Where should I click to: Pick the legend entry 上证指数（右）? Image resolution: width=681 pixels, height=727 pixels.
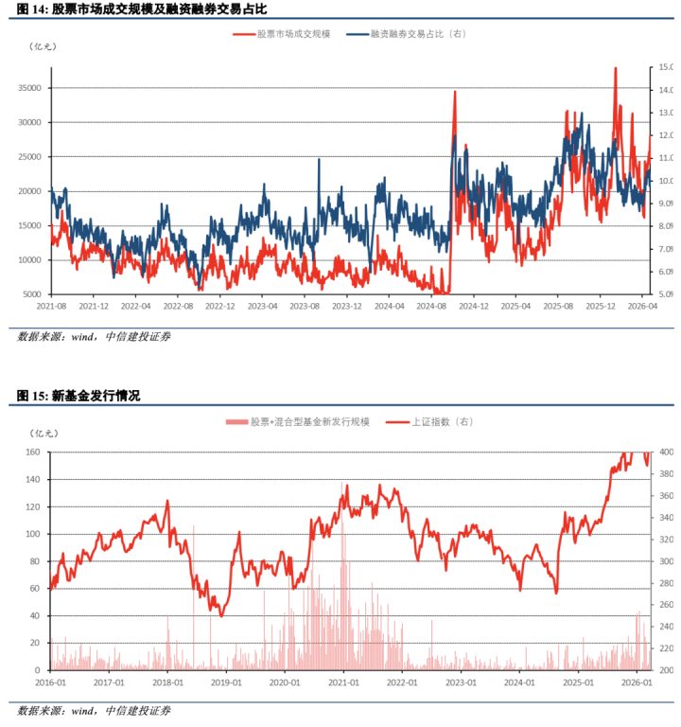(x=441, y=423)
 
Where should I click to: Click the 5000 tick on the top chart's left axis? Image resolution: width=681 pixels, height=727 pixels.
(x=35, y=294)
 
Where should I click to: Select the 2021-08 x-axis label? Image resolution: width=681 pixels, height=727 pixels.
(x=51, y=306)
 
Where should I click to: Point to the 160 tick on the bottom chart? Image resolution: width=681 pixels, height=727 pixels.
(x=37, y=452)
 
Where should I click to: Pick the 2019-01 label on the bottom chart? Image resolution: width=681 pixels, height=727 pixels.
(x=226, y=682)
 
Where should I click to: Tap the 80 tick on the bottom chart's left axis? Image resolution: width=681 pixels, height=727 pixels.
(x=39, y=561)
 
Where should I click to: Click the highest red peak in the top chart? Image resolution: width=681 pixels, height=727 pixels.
(x=615, y=69)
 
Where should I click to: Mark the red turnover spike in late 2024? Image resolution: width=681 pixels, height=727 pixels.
(x=455, y=93)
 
